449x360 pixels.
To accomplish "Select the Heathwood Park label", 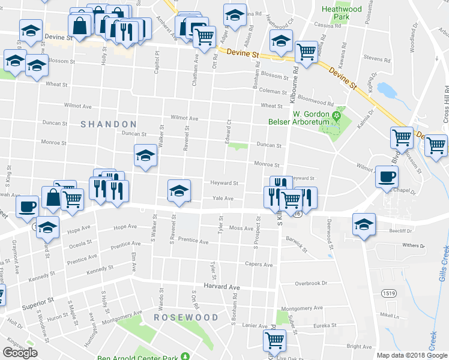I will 342,13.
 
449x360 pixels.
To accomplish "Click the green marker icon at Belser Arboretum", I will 337,115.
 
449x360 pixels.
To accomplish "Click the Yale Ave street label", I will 222,199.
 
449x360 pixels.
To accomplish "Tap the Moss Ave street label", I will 241,229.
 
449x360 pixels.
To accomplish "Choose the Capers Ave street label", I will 258,264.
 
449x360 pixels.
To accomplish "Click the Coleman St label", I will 273,91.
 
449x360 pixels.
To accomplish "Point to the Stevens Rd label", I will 377,59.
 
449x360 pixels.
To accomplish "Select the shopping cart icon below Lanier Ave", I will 275,340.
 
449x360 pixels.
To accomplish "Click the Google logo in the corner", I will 20,353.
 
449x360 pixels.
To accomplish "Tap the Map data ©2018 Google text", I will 412,355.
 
